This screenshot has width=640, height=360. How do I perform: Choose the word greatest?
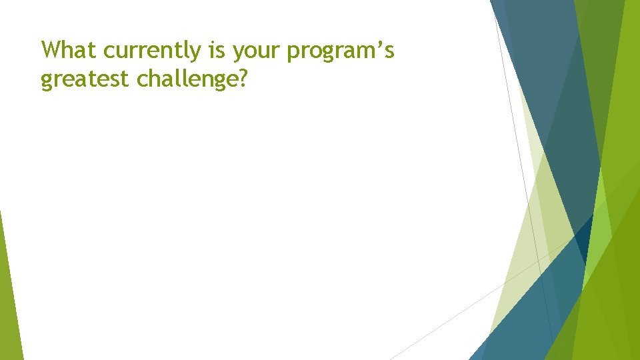tap(85, 81)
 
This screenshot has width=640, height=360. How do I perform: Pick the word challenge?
tap(187, 79)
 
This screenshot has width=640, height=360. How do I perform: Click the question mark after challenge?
tap(242, 79)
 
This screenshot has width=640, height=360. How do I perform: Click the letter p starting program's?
tap(294, 53)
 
